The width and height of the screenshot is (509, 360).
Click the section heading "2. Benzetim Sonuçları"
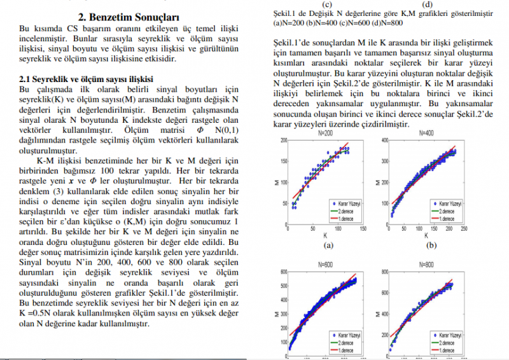[x=128, y=16]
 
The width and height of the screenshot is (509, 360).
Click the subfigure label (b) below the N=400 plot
[x=431, y=244]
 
